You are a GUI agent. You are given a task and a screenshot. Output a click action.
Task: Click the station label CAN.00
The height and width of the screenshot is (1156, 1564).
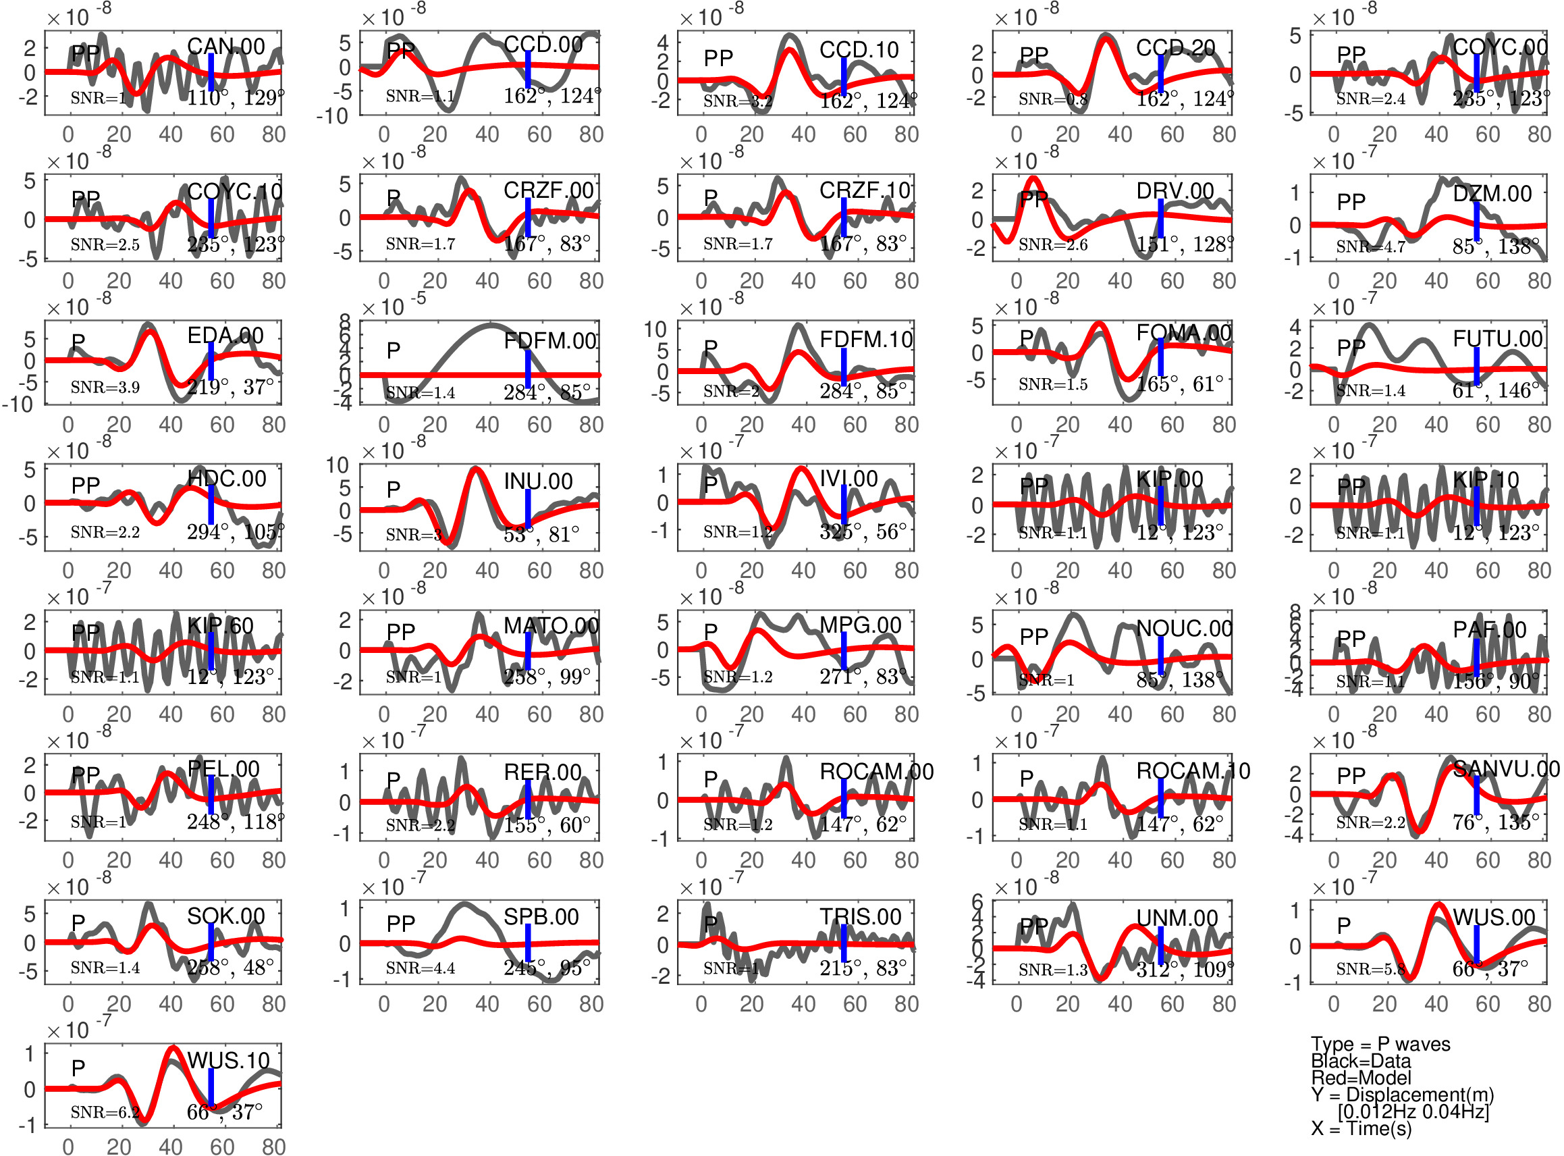tap(225, 47)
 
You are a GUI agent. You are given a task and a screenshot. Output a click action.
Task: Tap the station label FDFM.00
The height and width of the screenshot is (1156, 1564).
tap(549, 341)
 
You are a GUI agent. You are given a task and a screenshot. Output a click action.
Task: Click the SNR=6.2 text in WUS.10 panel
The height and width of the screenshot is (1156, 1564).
tap(105, 1112)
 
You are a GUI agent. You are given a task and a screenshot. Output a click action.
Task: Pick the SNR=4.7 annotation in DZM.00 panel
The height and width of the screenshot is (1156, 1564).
tap(1370, 246)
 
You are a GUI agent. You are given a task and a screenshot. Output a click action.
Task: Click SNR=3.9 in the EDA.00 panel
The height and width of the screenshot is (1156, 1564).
tap(105, 387)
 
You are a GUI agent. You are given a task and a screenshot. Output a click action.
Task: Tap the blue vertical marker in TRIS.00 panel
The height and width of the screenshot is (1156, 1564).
tap(844, 943)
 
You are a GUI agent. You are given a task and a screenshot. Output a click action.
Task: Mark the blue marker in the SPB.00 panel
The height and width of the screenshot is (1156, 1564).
tap(528, 943)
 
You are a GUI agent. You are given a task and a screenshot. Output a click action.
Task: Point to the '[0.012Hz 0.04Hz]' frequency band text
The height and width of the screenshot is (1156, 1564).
tap(1413, 1111)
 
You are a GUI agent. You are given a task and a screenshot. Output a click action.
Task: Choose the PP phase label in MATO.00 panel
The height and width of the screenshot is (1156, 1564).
tap(401, 631)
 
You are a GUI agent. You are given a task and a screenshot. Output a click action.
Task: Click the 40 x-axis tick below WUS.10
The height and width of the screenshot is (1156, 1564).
tap(171, 1146)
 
